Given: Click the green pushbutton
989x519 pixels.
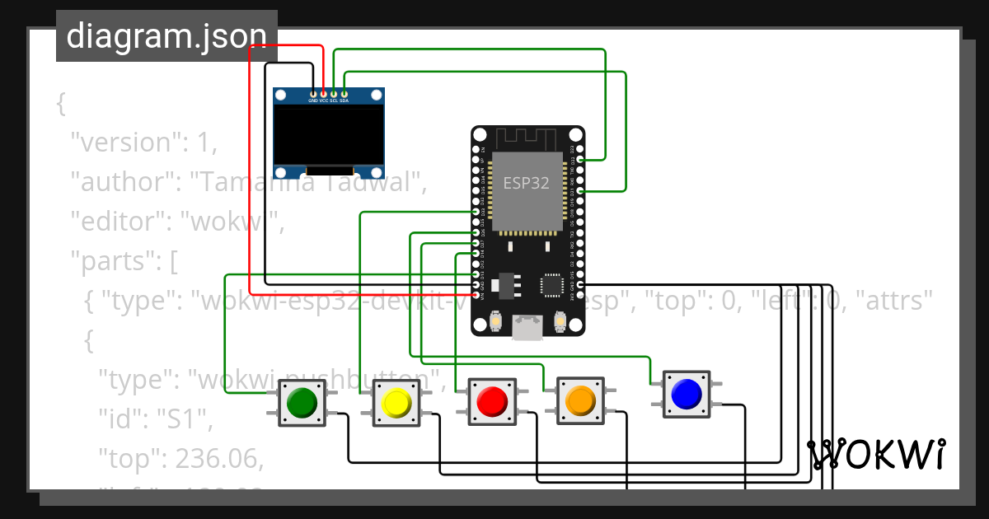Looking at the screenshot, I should tap(302, 402).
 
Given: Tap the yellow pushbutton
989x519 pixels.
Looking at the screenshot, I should tap(396, 403).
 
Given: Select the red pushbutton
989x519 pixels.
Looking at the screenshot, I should tap(492, 401).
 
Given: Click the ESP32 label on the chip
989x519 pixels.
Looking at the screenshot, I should tap(527, 183).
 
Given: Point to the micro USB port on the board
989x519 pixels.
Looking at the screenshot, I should tap(527, 327).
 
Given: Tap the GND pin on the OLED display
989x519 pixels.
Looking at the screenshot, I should tap(313, 95).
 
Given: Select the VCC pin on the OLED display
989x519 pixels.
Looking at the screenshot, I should tap(324, 95).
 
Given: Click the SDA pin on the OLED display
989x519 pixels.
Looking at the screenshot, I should tap(345, 95).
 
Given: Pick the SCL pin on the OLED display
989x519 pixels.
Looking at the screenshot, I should tap(334, 95).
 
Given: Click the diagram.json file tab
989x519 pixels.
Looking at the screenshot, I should tap(166, 35).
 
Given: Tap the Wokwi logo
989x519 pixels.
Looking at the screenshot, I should tap(875, 455).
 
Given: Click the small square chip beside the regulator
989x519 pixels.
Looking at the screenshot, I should tap(552, 285).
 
